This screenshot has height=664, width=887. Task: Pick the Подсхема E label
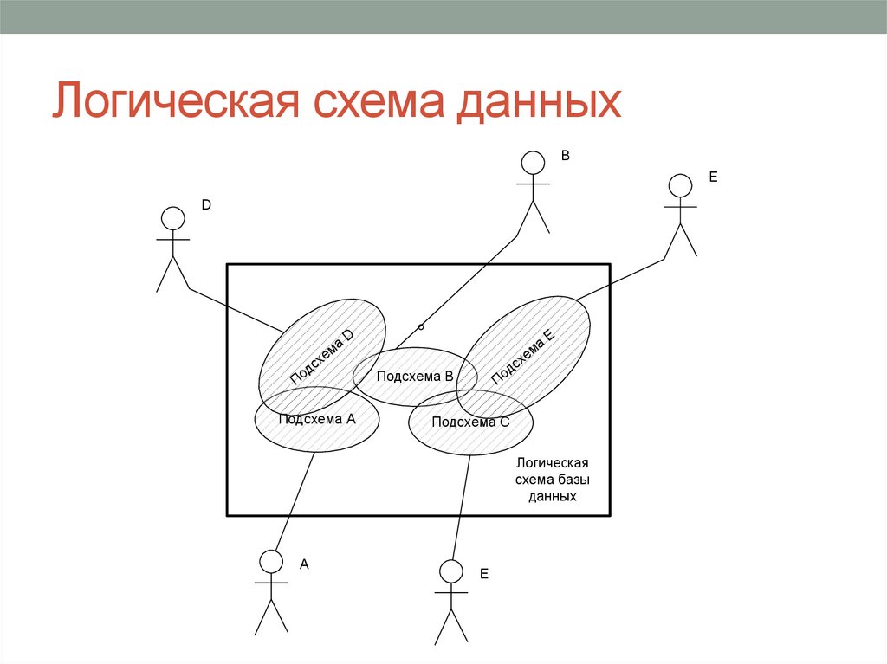pos(521,358)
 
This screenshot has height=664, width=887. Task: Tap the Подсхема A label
pos(317,418)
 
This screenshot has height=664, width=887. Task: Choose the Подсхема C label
pos(470,422)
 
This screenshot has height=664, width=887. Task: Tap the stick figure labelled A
pos(271,592)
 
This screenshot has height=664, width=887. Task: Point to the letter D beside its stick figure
pos(206,205)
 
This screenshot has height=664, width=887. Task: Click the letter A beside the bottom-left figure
pos(304,564)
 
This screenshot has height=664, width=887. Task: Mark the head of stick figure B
pos(533,162)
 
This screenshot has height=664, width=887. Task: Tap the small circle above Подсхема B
pos(421,326)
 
